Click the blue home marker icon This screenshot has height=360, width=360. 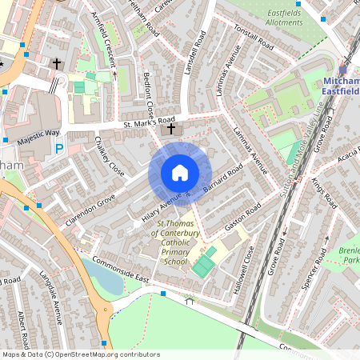pos(180,172)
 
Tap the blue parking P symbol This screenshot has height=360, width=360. pos(59,149)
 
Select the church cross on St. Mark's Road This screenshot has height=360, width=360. pos(171,129)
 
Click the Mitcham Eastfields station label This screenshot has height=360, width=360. pos(342,87)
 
